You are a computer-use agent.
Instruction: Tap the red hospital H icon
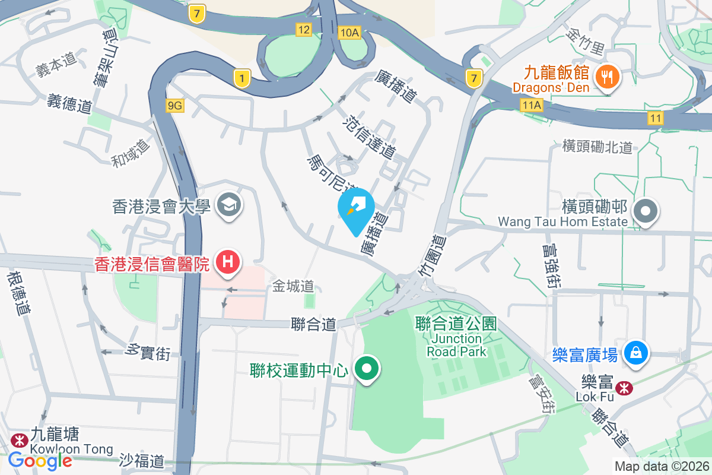click(228, 262)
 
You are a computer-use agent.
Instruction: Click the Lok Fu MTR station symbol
click(624, 389)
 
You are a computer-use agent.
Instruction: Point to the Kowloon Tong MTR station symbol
click(18, 440)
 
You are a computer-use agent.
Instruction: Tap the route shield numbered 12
click(304, 29)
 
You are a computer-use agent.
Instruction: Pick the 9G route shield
click(176, 106)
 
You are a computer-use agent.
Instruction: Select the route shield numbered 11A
click(532, 105)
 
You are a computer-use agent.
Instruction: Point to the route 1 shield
click(241, 78)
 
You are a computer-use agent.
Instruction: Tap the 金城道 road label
click(293, 286)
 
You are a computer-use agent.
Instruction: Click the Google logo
click(40, 460)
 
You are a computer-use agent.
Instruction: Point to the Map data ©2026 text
click(661, 466)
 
